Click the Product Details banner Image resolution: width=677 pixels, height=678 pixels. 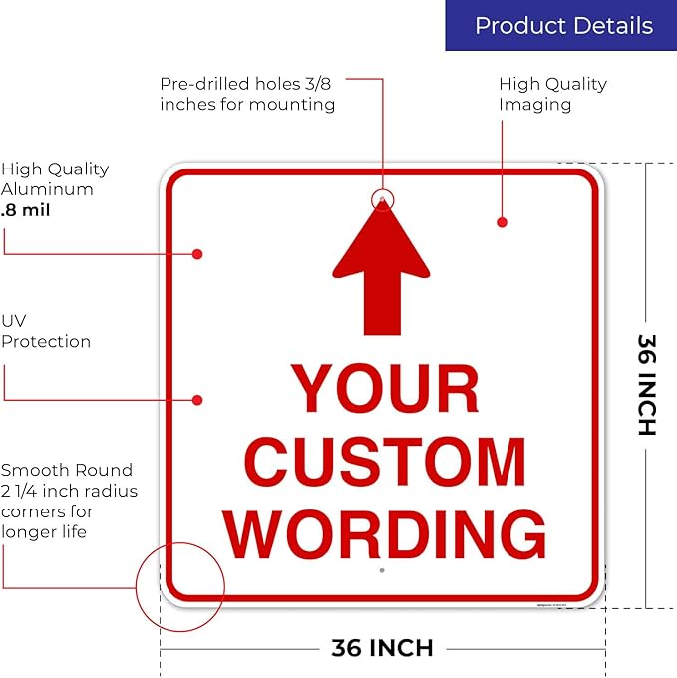560,25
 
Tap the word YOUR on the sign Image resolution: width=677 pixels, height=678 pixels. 385,388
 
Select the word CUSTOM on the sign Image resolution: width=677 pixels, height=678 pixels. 385,461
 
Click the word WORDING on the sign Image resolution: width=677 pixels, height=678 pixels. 384,534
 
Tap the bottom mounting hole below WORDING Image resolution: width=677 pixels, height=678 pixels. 382,570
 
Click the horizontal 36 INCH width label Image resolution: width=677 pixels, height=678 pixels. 382,648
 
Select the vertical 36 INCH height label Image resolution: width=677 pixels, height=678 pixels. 647,385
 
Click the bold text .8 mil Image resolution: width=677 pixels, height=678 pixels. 26,210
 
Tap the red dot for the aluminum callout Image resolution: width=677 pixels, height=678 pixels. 197,254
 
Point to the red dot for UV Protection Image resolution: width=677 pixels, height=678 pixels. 197,400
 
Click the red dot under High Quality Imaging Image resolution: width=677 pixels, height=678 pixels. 502,222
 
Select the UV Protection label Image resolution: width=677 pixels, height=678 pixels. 46,331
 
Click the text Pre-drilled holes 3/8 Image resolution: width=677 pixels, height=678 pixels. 245,84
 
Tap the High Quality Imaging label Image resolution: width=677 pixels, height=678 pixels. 553,94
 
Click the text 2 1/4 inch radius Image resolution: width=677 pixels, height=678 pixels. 69,491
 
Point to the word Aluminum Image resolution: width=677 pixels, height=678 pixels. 47,189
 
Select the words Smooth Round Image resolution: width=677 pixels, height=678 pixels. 67,470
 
